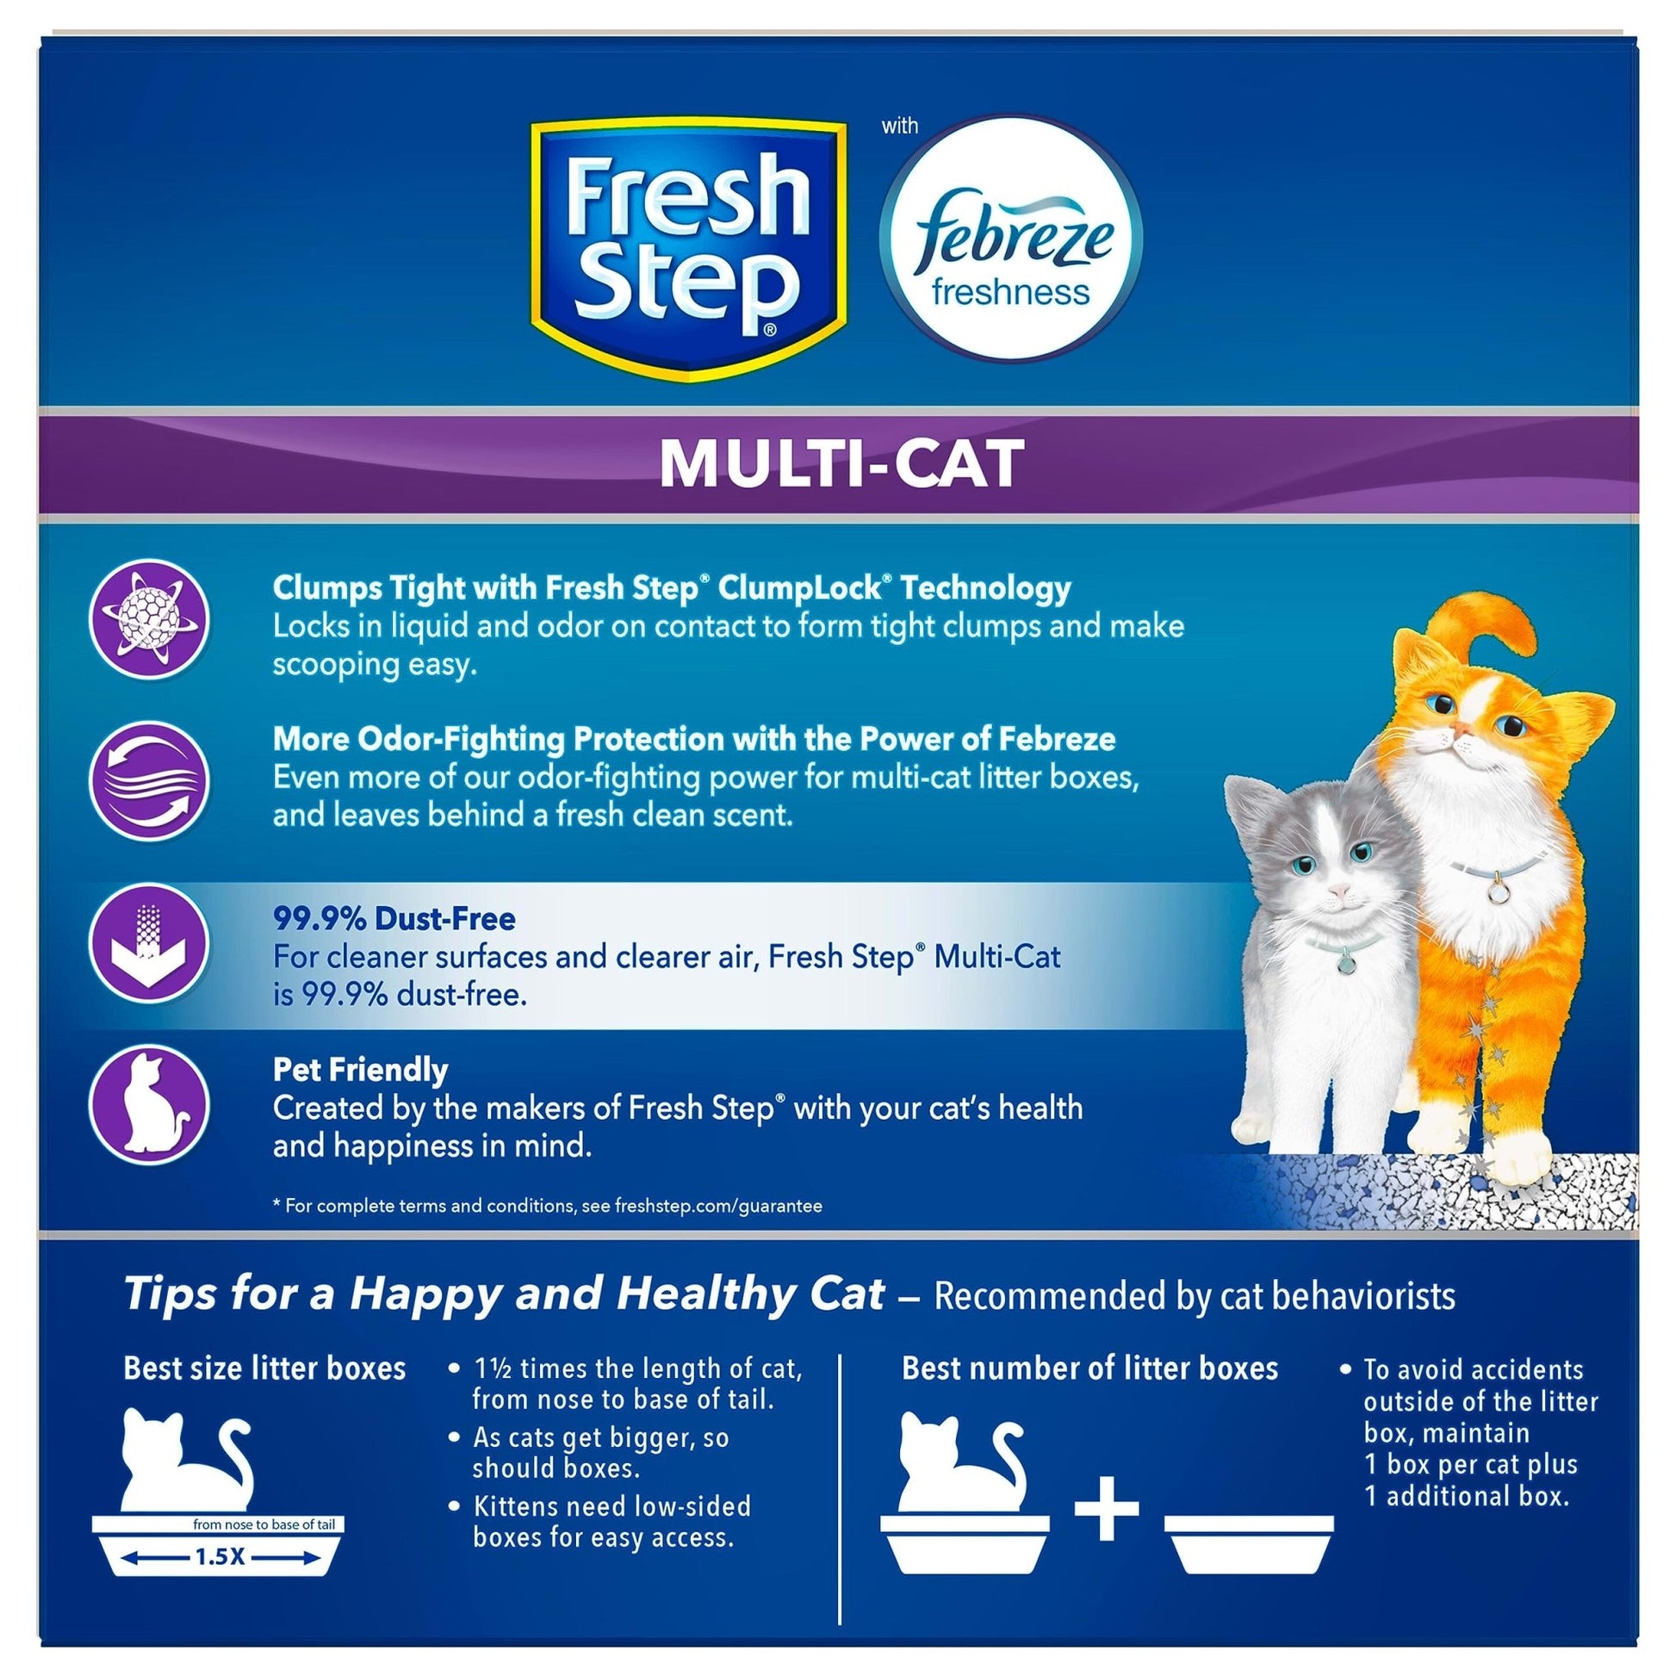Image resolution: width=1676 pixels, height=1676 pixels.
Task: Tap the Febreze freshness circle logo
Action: click(1010, 239)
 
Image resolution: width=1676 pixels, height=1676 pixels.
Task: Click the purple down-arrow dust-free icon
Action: click(149, 945)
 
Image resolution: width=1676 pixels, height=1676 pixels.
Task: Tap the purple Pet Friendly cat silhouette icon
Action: click(149, 1108)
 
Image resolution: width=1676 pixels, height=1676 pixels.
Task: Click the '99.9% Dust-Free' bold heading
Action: click(394, 919)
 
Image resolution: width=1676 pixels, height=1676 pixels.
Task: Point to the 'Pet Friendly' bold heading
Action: click(360, 1070)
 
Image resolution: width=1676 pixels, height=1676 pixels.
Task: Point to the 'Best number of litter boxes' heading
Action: click(1089, 1369)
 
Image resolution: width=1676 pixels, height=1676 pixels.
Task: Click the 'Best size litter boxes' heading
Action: click(264, 1369)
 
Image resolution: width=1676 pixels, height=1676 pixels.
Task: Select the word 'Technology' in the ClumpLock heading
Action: click(985, 588)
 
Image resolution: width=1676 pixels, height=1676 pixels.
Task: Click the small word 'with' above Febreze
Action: click(900, 127)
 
